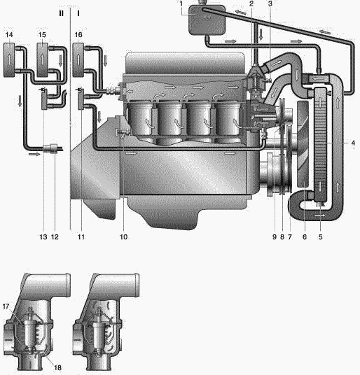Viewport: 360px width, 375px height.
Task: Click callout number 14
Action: [9, 35]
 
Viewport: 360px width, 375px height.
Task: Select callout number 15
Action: [42, 35]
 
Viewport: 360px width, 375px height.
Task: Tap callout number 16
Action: [78, 35]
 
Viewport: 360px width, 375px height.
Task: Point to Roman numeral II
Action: [61, 13]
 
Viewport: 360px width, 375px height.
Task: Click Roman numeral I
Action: [78, 13]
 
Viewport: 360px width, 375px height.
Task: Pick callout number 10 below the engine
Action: [123, 237]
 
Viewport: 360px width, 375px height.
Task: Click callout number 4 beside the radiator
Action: [353, 143]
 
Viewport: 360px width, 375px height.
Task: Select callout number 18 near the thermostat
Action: [57, 367]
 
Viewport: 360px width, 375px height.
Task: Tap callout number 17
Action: [6, 306]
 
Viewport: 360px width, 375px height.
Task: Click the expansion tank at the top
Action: [207, 20]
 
